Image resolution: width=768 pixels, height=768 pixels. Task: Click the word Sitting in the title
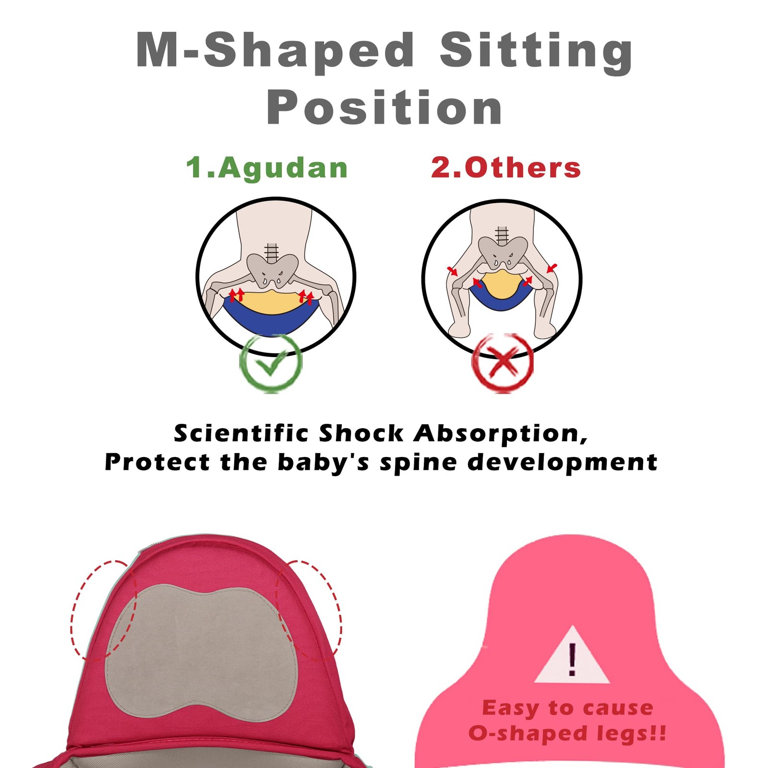pos(536,51)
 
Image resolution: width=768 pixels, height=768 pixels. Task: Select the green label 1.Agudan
pos(267,168)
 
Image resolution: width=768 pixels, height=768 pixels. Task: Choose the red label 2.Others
pos(506,168)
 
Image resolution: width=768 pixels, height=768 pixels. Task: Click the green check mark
pos(271,365)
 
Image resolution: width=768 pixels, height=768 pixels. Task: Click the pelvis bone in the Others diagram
pos(503,252)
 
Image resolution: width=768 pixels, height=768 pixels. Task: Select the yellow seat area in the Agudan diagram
pos(272,302)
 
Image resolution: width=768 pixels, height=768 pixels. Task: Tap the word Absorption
pos(501,434)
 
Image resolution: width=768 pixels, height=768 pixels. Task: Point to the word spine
pos(418,463)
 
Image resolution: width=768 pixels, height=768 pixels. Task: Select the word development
pos(563,463)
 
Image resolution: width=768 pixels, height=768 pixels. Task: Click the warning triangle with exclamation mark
pos(572,655)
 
